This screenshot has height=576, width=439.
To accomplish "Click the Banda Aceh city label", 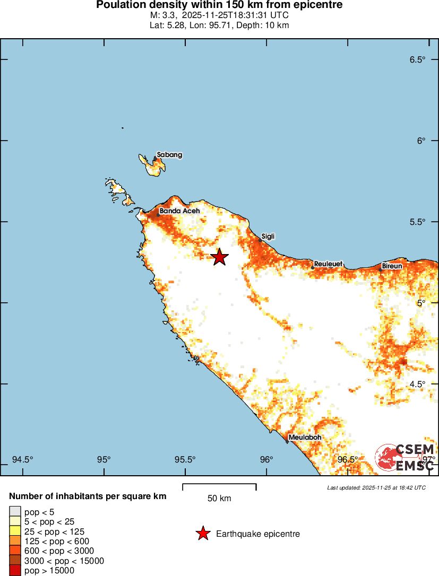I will (x=179, y=211).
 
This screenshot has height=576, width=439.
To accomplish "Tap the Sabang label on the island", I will (x=169, y=155).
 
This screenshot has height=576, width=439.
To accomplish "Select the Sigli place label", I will (x=268, y=237).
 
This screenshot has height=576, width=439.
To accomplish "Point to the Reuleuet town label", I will (x=328, y=264).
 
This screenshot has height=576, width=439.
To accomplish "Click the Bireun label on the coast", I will (x=392, y=266).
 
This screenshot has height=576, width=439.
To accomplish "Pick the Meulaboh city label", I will (x=305, y=438).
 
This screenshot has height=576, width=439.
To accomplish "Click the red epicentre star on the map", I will (x=220, y=257).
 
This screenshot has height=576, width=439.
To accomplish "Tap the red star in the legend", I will (x=203, y=534).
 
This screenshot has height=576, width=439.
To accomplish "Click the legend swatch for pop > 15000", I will (x=14, y=571).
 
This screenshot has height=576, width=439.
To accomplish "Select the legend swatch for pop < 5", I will (x=14, y=511).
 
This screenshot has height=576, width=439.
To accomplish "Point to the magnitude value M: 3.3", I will (x=165, y=15).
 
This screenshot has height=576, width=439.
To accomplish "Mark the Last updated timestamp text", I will (x=376, y=487).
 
